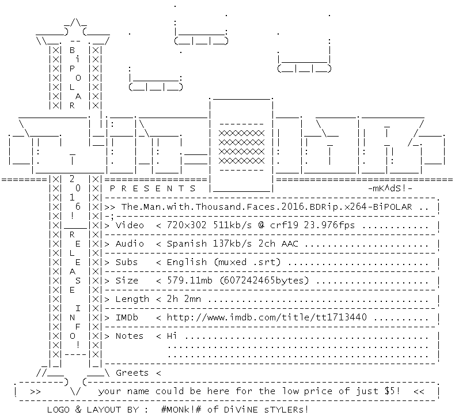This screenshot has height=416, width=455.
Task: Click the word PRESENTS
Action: click(152, 188)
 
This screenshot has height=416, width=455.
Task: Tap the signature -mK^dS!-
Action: click(389, 188)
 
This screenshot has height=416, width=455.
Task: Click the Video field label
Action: click(130, 225)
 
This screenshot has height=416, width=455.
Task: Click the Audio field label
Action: click(130, 244)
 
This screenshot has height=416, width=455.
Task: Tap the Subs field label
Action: click(127, 262)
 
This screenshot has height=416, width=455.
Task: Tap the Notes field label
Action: click(130, 336)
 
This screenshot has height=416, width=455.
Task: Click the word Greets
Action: click(132, 373)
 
